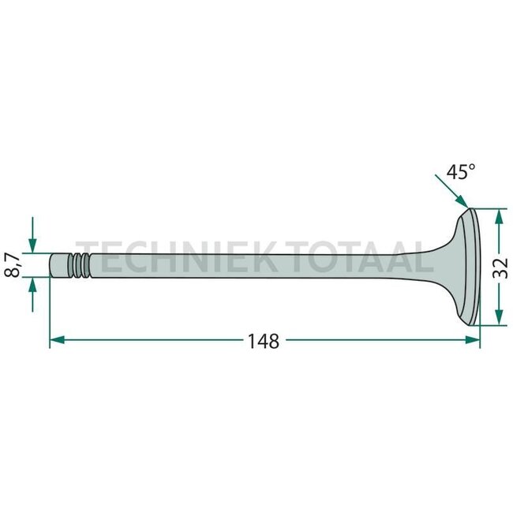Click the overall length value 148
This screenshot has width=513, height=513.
coord(263,341)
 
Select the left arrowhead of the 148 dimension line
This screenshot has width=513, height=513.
coord(55,341)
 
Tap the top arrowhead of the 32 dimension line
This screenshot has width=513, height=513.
coord(497,215)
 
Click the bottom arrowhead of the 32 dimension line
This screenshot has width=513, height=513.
coord(497,319)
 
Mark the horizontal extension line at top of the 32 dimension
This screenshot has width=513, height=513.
coord(487,209)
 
